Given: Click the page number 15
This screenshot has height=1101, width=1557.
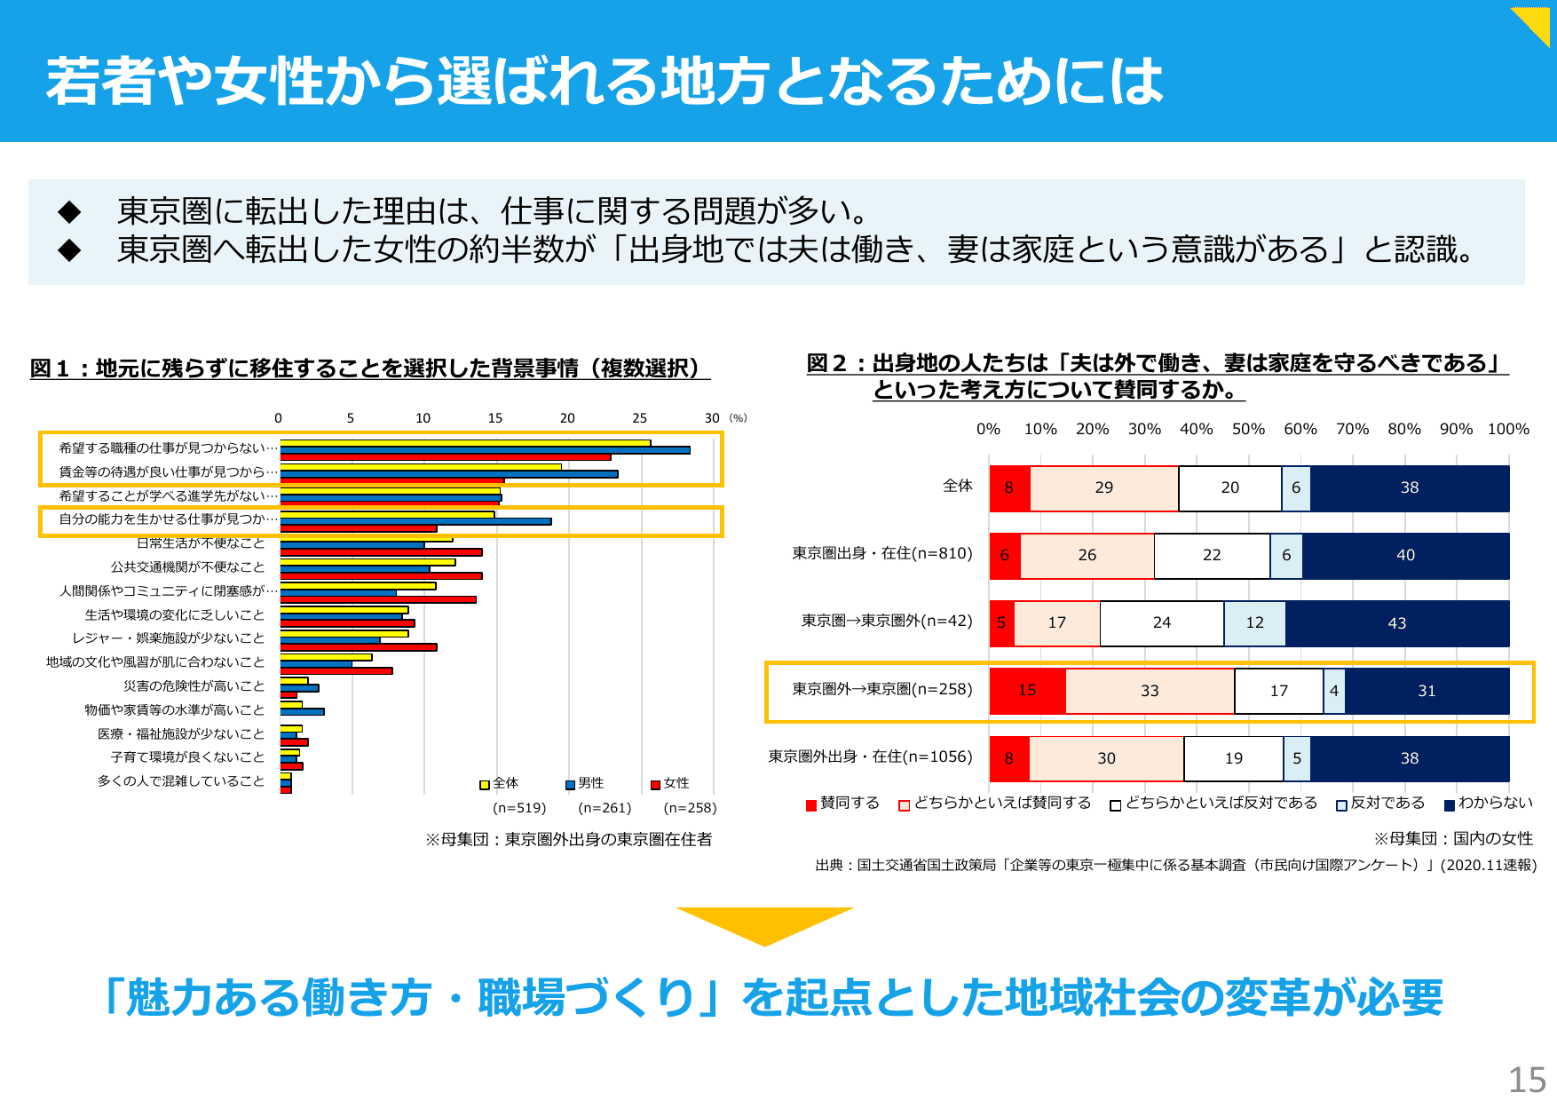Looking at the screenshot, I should pyautogui.click(x=1527, y=1080).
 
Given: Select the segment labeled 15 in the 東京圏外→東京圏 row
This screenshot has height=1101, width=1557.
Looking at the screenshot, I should pyautogui.click(x=1027, y=691).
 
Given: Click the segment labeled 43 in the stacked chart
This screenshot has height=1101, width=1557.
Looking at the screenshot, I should pyautogui.click(x=1396, y=623).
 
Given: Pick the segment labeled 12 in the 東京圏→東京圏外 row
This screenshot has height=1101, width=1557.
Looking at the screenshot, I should pyautogui.click(x=1254, y=623).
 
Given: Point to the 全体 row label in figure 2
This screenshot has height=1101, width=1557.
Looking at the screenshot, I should pyautogui.click(x=957, y=486).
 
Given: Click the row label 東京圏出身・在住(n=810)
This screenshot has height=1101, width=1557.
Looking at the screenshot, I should pyautogui.click(x=881, y=553).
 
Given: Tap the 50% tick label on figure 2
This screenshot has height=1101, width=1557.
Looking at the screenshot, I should pyautogui.click(x=1248, y=429).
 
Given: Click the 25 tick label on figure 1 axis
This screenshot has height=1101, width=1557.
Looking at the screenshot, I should pyautogui.click(x=639, y=418).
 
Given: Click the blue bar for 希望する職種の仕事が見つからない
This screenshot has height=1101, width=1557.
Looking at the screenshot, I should pyautogui.click(x=485, y=450).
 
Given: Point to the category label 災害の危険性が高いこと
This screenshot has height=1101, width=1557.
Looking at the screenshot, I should pyautogui.click(x=194, y=685).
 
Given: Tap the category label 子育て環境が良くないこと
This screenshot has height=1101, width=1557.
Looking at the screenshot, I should pyautogui.click(x=187, y=756).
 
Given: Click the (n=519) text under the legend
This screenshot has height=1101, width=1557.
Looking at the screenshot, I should pyautogui.click(x=519, y=808).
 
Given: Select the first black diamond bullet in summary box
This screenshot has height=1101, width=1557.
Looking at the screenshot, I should pyautogui.click(x=69, y=211).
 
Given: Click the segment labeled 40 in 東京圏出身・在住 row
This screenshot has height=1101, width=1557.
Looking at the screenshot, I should pyautogui.click(x=1405, y=556).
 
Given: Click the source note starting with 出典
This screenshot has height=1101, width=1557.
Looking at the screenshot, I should pyautogui.click(x=1175, y=865).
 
